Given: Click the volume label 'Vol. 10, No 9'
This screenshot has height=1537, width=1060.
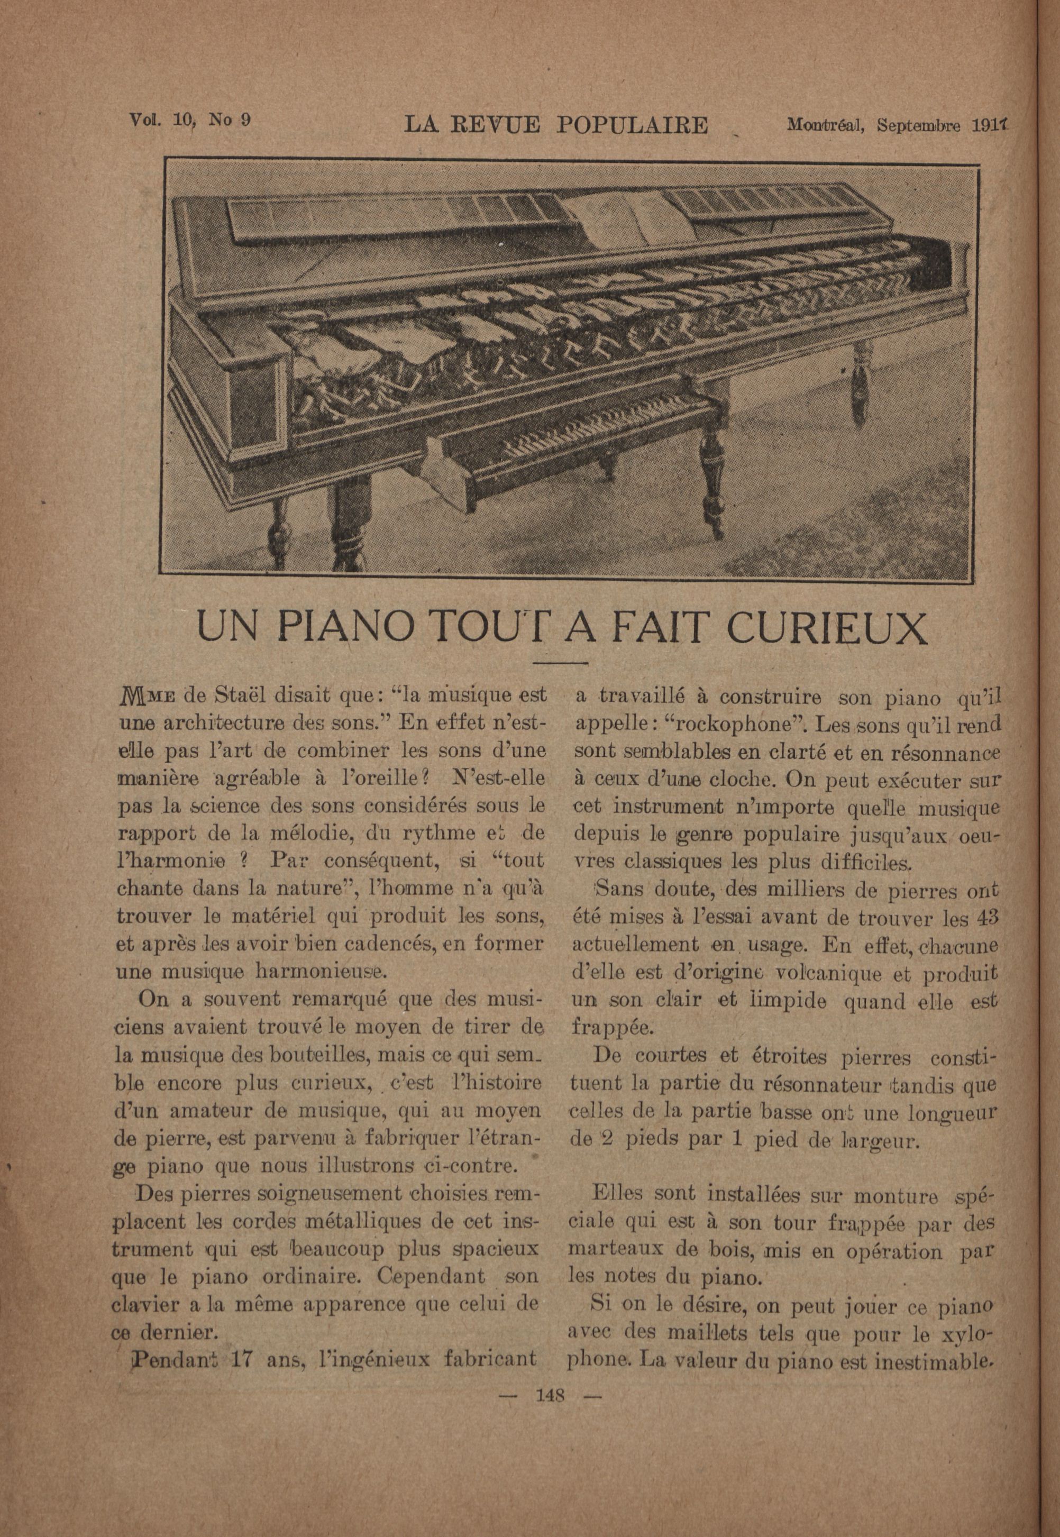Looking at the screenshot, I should tap(189, 120).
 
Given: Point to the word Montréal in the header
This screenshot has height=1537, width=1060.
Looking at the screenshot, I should tap(828, 125).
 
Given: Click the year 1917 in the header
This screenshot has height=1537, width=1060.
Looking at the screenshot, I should tap(988, 125).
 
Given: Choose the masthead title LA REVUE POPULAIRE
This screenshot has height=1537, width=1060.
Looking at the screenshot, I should tap(556, 125).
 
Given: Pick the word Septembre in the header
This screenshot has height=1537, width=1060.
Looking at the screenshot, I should tap(918, 125).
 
